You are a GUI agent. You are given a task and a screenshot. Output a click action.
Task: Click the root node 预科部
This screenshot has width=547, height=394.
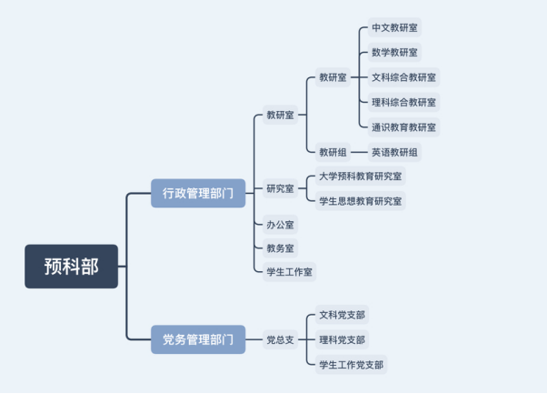click(x=71, y=266)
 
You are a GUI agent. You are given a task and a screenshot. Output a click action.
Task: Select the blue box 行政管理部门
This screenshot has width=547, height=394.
click(x=197, y=193)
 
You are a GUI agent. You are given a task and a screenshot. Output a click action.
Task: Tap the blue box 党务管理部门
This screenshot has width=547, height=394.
click(x=197, y=339)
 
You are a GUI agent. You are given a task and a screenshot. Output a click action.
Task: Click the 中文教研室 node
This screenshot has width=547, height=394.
click(x=395, y=29)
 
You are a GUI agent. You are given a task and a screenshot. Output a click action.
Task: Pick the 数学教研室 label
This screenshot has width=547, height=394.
click(x=395, y=53)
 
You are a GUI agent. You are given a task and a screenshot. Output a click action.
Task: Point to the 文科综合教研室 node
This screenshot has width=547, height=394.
click(x=403, y=77)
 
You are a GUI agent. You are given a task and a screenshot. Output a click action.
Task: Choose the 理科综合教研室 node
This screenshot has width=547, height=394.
click(x=403, y=102)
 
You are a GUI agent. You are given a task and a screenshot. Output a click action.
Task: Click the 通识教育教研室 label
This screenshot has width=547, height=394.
click(x=403, y=127)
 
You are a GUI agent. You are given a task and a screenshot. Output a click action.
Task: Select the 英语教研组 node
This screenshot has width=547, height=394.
click(x=395, y=152)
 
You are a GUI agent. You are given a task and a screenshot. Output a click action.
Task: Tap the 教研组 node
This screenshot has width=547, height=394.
click(x=333, y=152)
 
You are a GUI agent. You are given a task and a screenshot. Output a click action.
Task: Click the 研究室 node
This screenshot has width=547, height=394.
click(x=280, y=188)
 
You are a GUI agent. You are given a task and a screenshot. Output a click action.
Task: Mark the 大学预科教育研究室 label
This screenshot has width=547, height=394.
click(x=360, y=176)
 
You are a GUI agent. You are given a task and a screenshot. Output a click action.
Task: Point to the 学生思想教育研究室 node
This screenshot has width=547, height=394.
click(x=360, y=200)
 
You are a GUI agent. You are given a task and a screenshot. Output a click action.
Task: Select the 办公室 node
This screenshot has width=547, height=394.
click(x=280, y=224)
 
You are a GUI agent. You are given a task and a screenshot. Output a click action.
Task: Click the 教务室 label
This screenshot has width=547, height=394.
click(x=280, y=248)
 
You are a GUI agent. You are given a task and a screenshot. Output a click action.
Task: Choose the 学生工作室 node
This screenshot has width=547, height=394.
click(x=289, y=271)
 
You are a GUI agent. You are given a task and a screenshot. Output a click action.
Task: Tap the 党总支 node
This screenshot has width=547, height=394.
click(x=280, y=339)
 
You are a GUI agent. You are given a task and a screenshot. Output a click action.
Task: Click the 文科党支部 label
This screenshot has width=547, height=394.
click(x=342, y=315)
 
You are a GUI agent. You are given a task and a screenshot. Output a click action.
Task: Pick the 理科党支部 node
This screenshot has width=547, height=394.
click(x=342, y=339)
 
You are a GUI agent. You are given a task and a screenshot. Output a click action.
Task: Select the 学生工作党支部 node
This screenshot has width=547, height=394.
click(x=351, y=365)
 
